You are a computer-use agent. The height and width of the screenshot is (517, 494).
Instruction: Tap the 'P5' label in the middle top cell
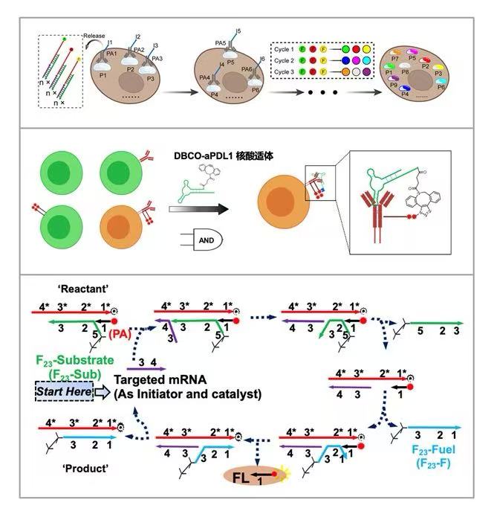(x=235, y=62)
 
